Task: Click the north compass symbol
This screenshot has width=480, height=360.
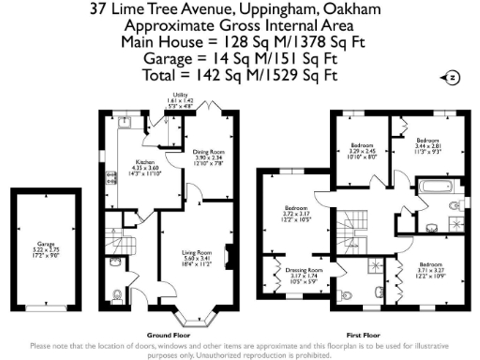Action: coord(453,77)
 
